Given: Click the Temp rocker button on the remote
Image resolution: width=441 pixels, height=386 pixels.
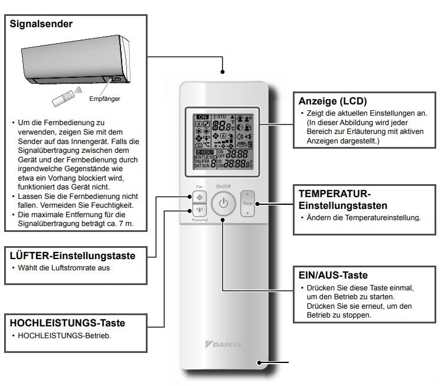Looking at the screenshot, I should [248, 203].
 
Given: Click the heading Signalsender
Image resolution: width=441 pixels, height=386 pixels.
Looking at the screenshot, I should [41, 25].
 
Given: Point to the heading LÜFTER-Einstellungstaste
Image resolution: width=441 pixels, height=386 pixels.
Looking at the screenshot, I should [73, 256].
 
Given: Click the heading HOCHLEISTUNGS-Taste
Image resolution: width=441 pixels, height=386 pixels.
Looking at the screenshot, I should [67, 323].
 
